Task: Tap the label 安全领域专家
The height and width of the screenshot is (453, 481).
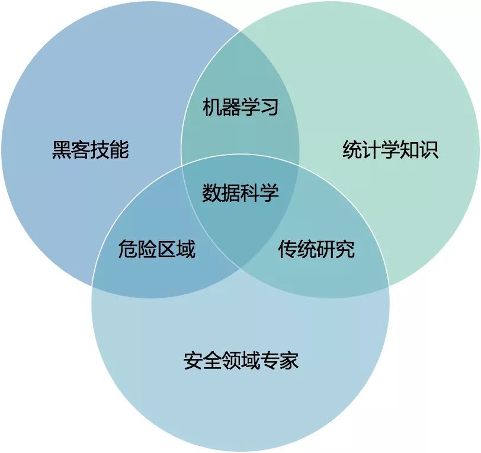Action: pos(240,360)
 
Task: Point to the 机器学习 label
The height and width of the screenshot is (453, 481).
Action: pos(240,108)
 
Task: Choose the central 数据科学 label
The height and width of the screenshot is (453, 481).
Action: pos(240,193)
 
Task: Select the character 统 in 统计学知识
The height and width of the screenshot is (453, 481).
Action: pos(352,150)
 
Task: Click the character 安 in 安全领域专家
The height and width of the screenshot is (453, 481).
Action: pos(193,360)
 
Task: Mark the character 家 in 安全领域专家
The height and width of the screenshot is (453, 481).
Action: pos(288,360)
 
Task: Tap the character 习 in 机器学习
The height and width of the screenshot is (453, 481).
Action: pos(270,108)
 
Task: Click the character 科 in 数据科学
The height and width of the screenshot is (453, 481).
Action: pos(250,193)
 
